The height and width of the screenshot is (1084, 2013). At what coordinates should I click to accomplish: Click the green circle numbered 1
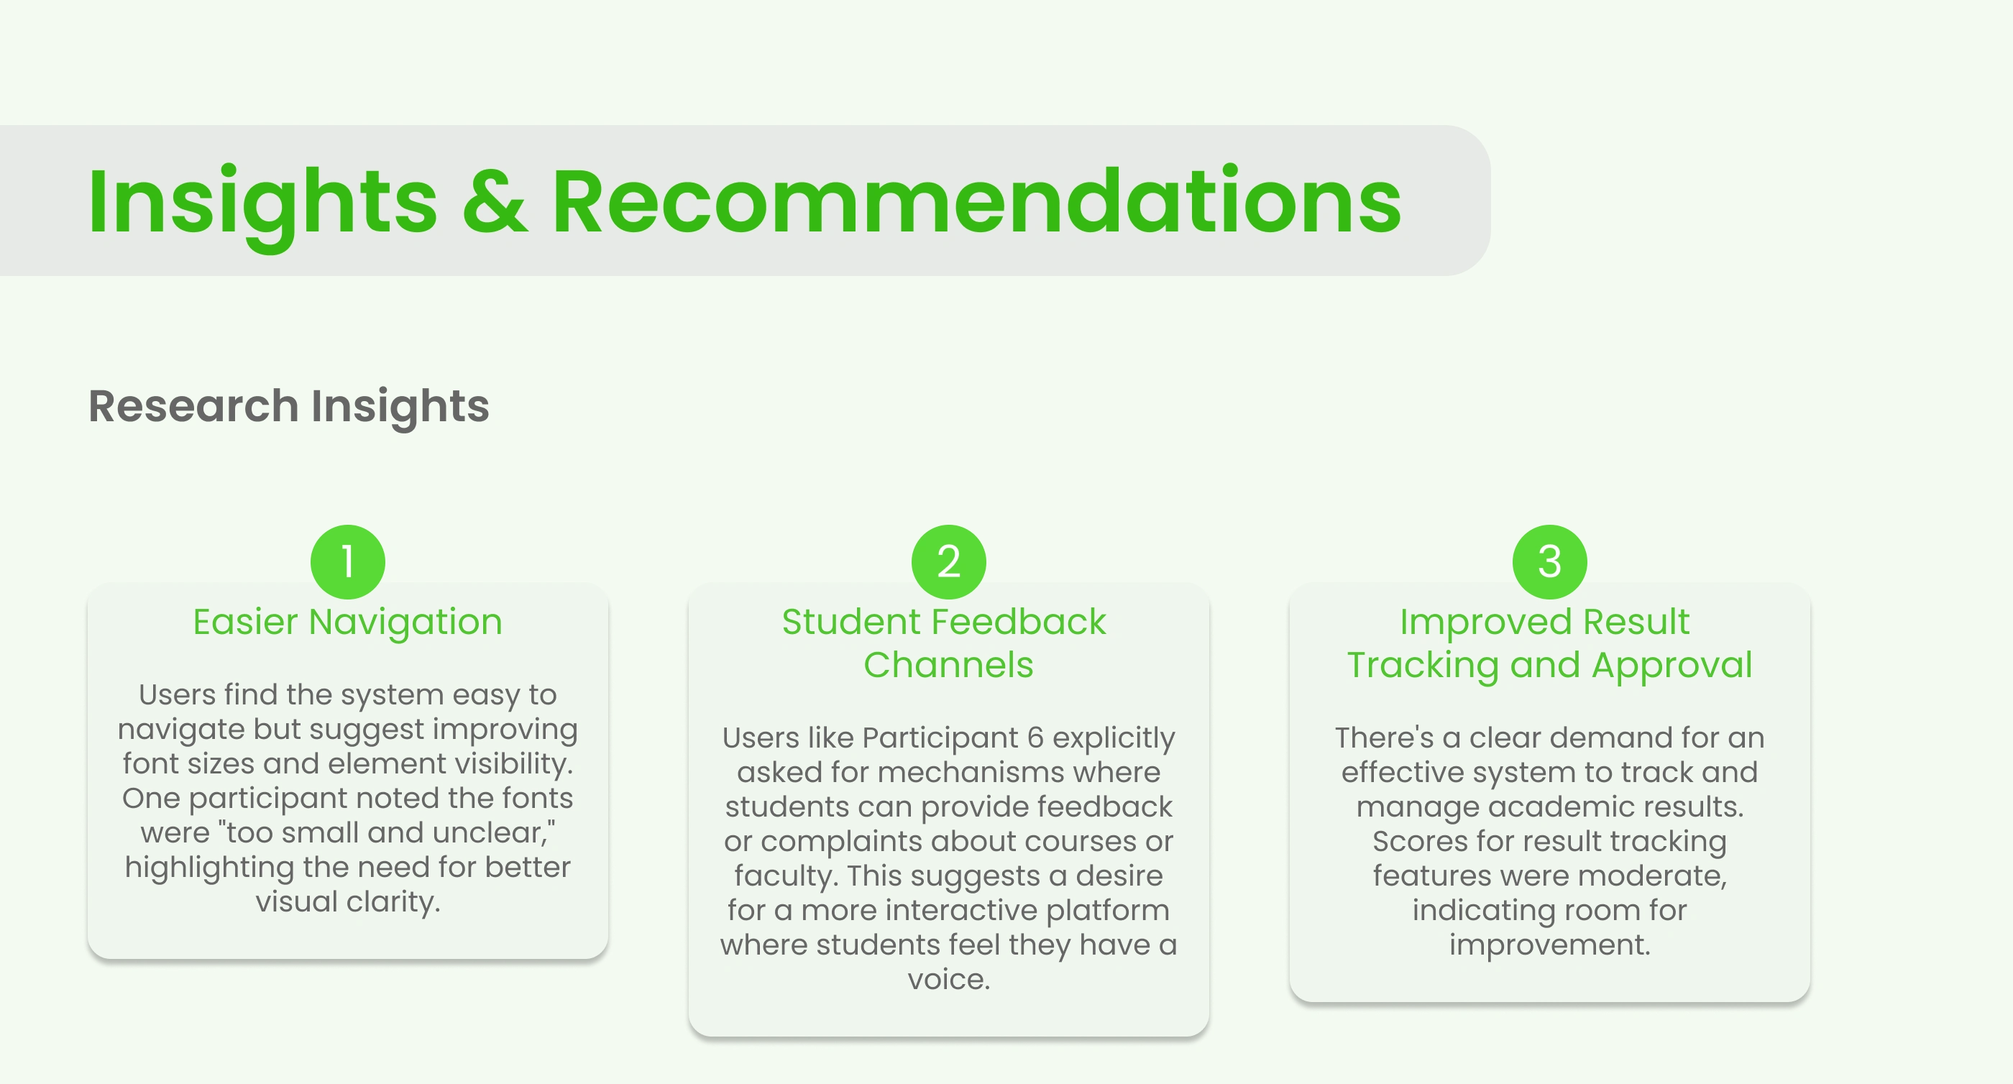click(x=348, y=562)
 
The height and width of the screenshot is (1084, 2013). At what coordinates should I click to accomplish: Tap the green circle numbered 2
click(x=949, y=562)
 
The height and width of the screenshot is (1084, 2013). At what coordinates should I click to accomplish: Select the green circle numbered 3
click(x=1549, y=562)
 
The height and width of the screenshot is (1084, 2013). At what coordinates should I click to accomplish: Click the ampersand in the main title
click(x=495, y=203)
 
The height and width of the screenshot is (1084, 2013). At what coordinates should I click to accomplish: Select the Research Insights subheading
click(x=289, y=407)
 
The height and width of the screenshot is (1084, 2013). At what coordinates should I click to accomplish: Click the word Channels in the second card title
click(x=949, y=665)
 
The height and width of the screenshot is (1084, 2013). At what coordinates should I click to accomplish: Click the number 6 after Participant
click(x=1035, y=738)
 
